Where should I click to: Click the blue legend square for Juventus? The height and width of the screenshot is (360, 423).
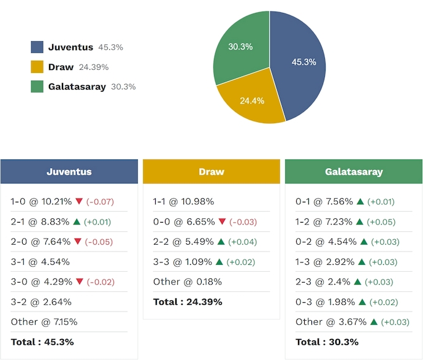pyautogui.click(x=37, y=47)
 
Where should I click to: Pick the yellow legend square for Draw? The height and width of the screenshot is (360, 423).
pyautogui.click(x=37, y=67)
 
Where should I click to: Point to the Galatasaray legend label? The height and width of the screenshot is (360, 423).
pyautogui.click(x=77, y=86)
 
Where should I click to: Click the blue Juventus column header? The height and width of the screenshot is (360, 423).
pyautogui.click(x=69, y=172)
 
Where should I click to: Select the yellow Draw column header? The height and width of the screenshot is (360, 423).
pyautogui.click(x=211, y=172)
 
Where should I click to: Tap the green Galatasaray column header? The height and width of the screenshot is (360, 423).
pyautogui.click(x=354, y=172)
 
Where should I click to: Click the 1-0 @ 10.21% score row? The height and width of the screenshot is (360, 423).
pyautogui.click(x=41, y=201)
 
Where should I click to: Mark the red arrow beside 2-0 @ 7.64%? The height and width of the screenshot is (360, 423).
pyautogui.click(x=78, y=242)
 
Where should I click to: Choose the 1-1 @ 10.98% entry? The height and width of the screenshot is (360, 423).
pyautogui.click(x=183, y=201)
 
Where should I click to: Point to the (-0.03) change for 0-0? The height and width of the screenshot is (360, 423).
pyautogui.click(x=243, y=222)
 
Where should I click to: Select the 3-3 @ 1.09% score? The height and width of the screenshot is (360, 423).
pyautogui.click(x=181, y=262)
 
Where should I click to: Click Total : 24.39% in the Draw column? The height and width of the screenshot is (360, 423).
pyautogui.click(x=188, y=302)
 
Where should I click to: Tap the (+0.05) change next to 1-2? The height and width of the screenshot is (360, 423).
pyautogui.click(x=383, y=222)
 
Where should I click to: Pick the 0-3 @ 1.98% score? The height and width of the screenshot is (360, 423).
pyautogui.click(x=324, y=302)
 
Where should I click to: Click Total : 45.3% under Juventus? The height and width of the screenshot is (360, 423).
pyautogui.click(x=42, y=342)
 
